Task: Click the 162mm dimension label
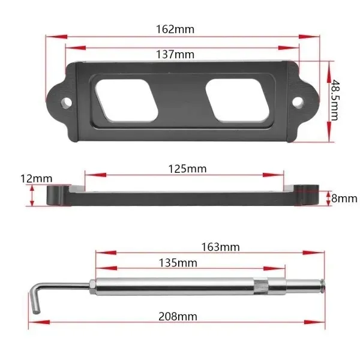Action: [175, 29]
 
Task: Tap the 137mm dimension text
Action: [175, 55]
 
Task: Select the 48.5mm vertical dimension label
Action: [334, 100]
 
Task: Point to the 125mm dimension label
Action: [187, 169]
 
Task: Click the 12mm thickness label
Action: [36, 179]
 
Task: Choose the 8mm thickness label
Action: [344, 199]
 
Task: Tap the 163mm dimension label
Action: [220, 247]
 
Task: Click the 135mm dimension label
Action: [178, 263]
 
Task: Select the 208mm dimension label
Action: [178, 317]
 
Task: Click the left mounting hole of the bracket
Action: [67, 103]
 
